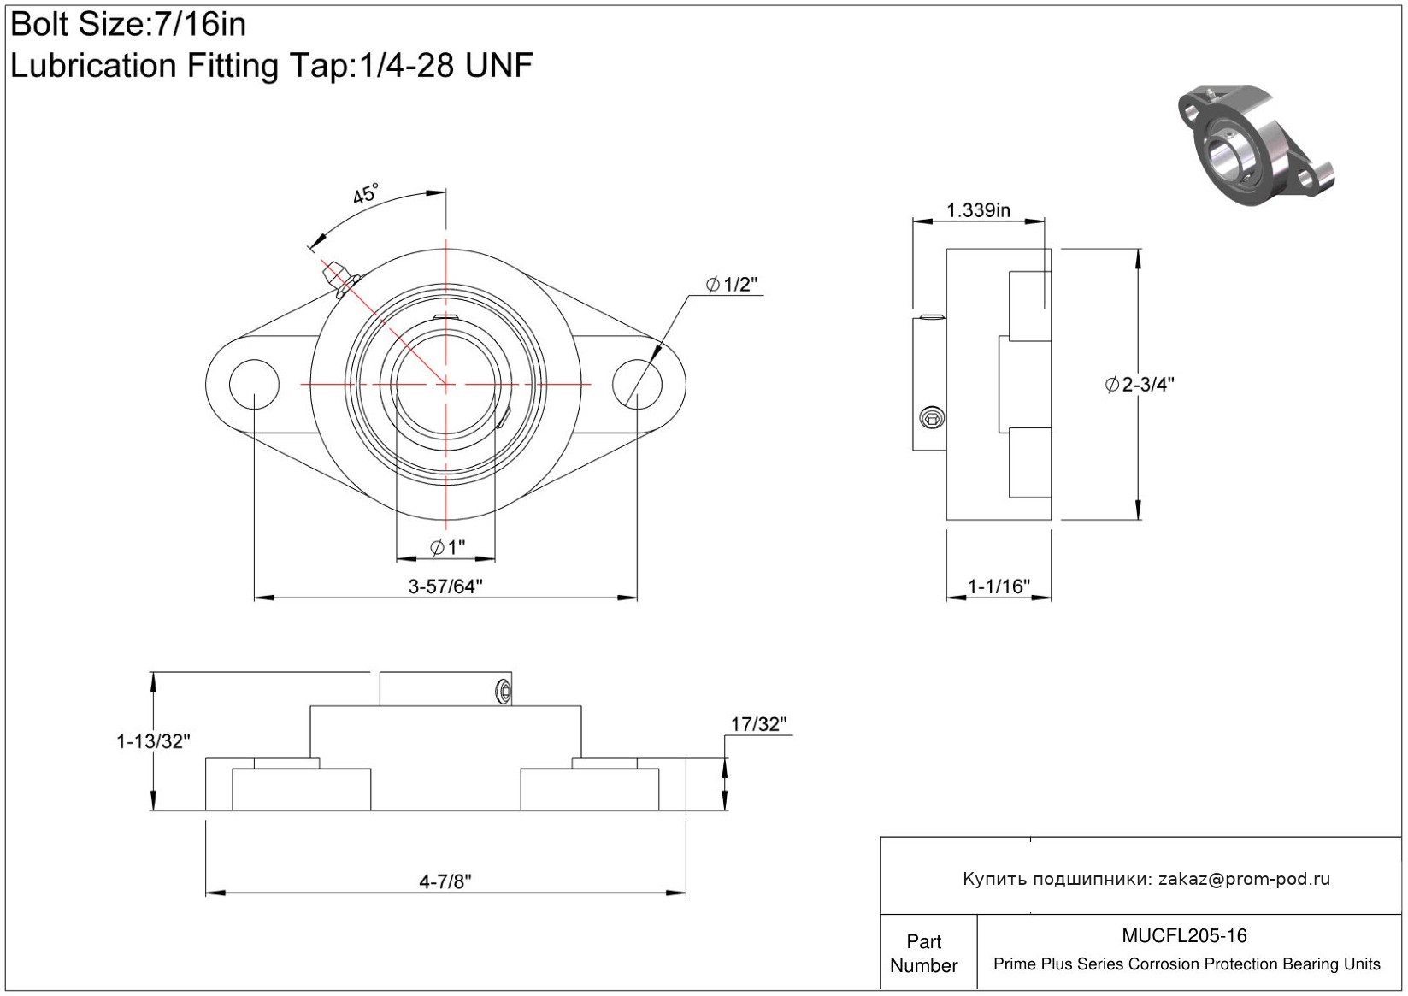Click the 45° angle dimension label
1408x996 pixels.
(x=365, y=194)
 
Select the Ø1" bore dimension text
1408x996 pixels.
(x=448, y=547)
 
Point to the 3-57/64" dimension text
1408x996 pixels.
(x=445, y=586)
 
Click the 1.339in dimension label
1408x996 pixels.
(x=978, y=210)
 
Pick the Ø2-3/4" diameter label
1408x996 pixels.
(x=1139, y=384)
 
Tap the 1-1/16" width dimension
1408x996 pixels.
(x=999, y=586)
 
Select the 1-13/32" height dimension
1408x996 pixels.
(x=153, y=741)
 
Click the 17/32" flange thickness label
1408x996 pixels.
(x=758, y=724)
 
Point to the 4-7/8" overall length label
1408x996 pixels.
(x=445, y=881)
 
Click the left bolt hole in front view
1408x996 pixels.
(x=254, y=384)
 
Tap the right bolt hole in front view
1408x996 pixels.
(x=637, y=384)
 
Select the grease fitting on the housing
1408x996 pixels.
(x=339, y=279)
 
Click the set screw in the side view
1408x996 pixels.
(x=932, y=417)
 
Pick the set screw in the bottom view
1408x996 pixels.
(x=504, y=692)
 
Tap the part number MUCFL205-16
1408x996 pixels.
(x=1184, y=935)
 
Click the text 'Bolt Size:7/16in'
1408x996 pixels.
(x=128, y=25)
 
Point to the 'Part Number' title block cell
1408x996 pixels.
(x=923, y=953)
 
